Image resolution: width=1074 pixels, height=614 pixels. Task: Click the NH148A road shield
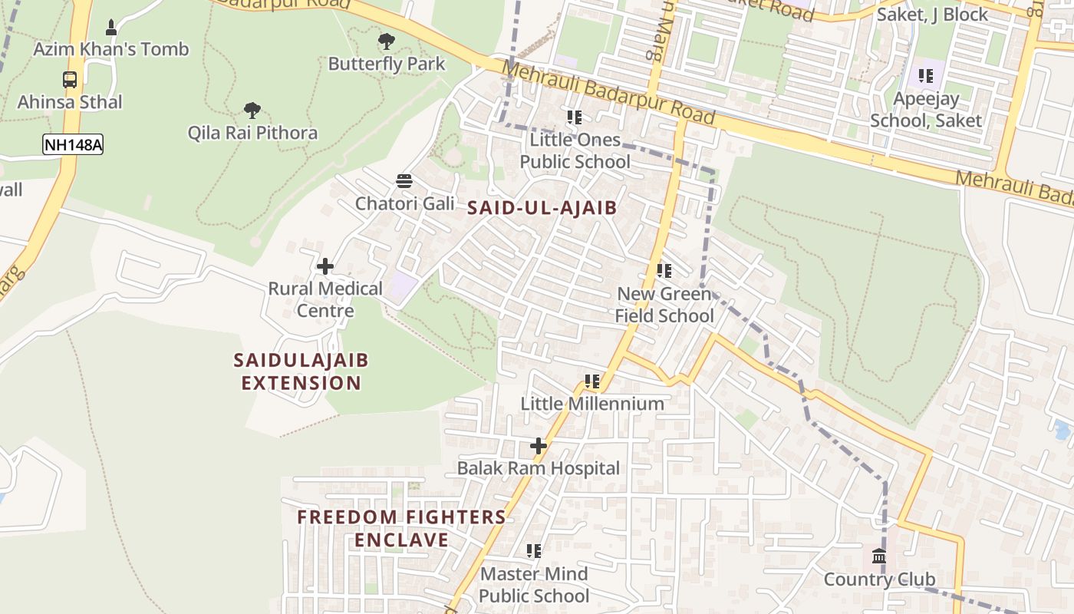tap(73, 145)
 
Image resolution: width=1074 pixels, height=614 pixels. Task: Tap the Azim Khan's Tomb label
tap(110, 49)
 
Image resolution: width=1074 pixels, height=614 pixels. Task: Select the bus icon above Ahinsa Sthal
tap(70, 79)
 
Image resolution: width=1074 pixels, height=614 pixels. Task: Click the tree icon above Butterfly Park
tap(387, 41)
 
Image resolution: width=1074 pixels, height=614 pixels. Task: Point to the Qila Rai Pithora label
tap(252, 133)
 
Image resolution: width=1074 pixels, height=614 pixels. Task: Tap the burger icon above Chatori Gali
tap(404, 181)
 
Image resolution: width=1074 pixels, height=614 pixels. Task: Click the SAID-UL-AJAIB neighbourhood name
tap(542, 207)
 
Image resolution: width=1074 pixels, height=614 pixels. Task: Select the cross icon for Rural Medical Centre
tap(325, 266)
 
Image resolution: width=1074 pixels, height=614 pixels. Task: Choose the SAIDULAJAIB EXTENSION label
tap(301, 371)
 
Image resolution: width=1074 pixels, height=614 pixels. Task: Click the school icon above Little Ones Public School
tap(575, 117)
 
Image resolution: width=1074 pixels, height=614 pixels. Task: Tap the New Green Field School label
tap(664, 305)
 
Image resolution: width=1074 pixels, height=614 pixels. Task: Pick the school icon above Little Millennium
tap(592, 381)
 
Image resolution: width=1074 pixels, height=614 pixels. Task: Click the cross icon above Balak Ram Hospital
tap(539, 445)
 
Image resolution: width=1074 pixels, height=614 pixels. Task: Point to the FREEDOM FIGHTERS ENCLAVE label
tap(401, 528)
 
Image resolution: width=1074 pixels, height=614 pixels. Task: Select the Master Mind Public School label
tap(534, 585)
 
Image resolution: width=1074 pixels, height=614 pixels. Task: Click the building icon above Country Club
tap(879, 556)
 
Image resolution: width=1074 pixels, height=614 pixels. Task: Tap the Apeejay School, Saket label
tap(926, 110)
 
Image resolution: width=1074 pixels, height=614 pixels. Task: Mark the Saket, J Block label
tap(933, 15)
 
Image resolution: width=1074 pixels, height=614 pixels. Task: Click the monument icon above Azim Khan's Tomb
tap(111, 28)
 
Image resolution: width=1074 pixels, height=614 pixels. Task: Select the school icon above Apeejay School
tap(926, 76)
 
